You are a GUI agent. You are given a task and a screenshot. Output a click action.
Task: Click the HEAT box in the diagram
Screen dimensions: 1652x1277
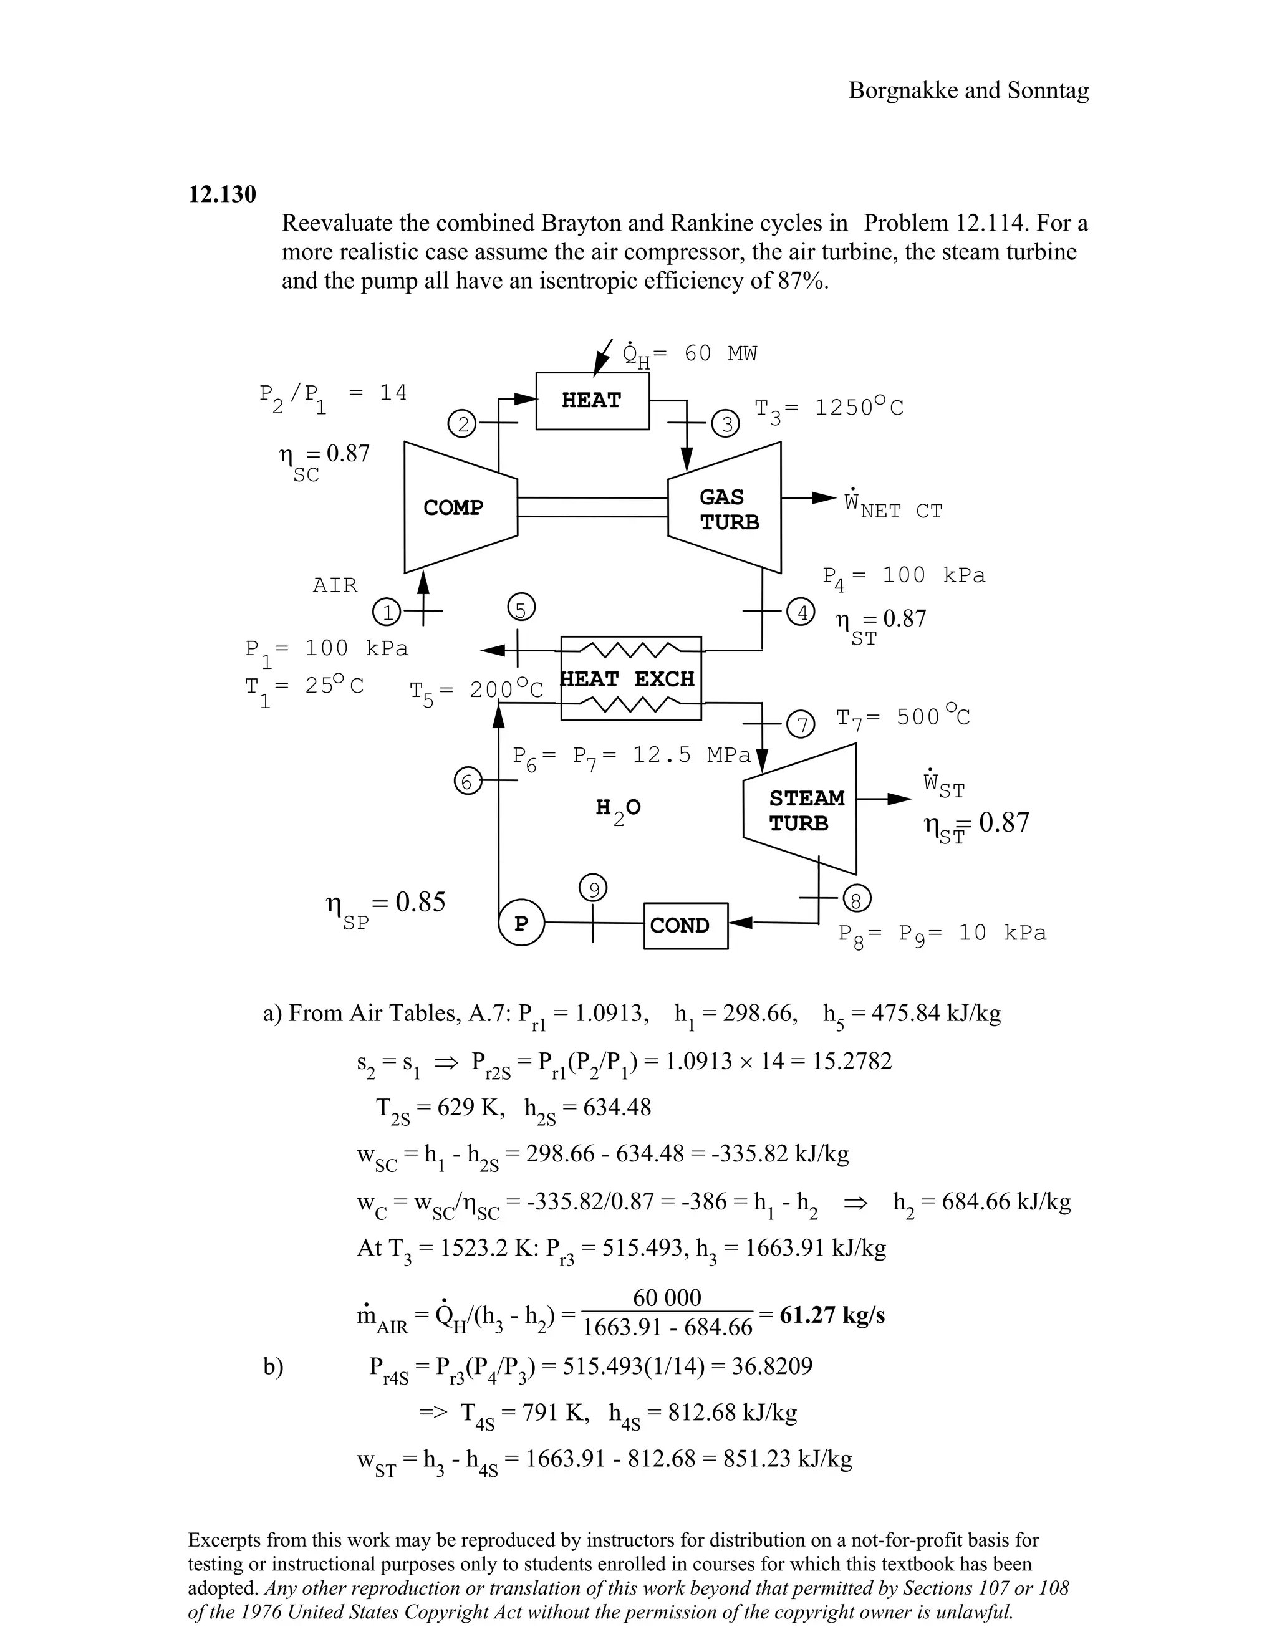pos(592,400)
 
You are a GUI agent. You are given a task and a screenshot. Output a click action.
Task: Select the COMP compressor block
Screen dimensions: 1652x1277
pos(454,507)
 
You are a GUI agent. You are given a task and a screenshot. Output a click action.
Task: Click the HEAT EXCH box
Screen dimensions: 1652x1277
pos(630,678)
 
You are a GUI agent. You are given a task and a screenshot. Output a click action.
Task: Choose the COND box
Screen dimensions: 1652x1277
pos(685,925)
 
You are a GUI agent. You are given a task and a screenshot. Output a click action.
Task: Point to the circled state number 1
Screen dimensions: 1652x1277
pos(387,611)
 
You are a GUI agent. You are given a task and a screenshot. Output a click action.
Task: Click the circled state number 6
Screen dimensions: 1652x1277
pos(467,781)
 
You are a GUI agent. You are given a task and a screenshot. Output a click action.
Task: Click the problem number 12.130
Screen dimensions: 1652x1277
pos(221,194)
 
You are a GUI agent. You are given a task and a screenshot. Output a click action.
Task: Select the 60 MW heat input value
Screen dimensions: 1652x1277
pos(720,353)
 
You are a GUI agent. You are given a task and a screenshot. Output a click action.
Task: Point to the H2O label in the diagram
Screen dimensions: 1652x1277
pos(617,809)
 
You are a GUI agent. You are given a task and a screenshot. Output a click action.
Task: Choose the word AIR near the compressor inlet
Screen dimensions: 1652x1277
pos(335,585)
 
